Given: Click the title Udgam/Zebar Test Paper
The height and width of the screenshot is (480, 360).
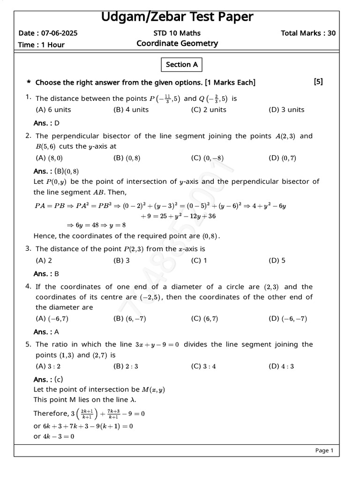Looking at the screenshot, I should tap(177, 17).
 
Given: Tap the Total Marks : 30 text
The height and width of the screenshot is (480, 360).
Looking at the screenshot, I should tap(308, 33).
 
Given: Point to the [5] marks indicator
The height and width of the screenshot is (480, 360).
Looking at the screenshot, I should tap(318, 82).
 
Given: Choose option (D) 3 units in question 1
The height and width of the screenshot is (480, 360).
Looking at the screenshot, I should tap(286, 110).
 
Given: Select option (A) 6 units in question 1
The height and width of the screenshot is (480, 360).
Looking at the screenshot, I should tap(53, 110).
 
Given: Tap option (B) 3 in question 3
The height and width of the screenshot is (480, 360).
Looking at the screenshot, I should tap(121, 261).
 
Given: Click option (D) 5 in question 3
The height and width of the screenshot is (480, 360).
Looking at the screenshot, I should tap(277, 261).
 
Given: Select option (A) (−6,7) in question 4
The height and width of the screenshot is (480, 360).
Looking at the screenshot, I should tap(52, 319).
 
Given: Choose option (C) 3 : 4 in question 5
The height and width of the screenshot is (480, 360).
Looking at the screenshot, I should tap(203, 367).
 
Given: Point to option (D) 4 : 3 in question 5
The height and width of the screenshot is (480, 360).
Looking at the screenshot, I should tap(281, 367).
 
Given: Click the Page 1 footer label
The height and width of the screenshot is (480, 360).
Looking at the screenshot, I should tap(324, 450).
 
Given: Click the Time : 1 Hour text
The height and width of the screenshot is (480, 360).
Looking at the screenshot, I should tap(41, 45).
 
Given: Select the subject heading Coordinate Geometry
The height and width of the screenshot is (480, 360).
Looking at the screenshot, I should tap(177, 44).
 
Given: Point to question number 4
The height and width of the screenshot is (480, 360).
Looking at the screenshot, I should tap(28, 286).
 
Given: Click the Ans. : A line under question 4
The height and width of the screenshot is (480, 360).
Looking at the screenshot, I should tap(46, 332).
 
